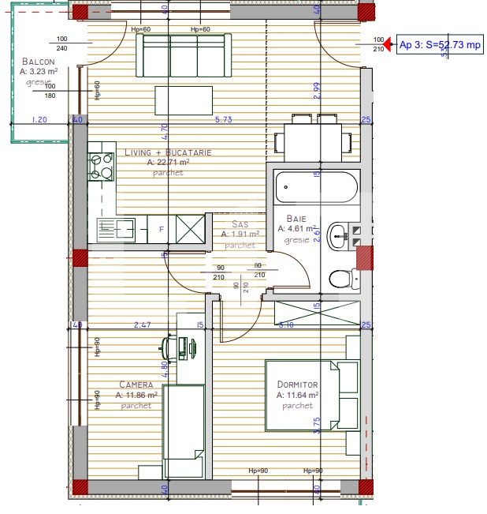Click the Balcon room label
(38, 62)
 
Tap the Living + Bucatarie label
(168, 152)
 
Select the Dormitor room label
(297, 385)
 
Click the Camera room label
(136, 385)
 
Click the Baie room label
(296, 218)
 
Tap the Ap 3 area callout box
(440, 45)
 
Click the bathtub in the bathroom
(316, 188)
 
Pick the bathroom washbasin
(339, 233)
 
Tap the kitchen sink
(106, 230)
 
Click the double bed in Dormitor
(311, 397)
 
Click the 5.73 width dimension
(224, 120)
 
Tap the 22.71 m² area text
(167, 162)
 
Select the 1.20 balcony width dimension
(39, 120)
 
